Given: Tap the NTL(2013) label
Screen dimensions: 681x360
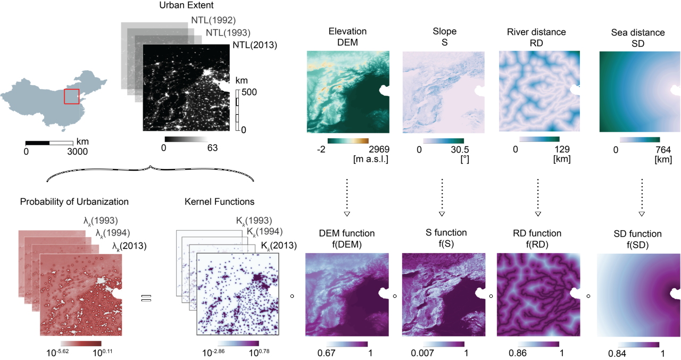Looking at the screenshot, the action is coord(255,45).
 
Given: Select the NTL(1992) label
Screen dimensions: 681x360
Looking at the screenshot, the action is coord(213,20).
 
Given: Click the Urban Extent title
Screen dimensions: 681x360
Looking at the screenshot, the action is coord(186,5).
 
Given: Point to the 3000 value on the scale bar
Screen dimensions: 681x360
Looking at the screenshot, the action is coord(77,152).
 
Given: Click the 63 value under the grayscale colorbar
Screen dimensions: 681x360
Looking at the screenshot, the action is coord(212,148).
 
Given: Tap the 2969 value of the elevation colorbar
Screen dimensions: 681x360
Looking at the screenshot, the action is coord(379,149).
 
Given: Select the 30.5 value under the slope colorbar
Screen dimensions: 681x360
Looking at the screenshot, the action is coord(460,149).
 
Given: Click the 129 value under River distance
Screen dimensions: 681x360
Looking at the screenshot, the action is coord(562,149).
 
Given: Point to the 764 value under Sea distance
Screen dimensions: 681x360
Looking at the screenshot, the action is coord(663,149).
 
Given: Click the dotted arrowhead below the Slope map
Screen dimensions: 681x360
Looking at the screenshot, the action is coord(442,214).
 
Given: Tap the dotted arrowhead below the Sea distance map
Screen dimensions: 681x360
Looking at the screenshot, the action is coord(642,214).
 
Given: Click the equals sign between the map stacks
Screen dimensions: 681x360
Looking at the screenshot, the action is coord(146,298).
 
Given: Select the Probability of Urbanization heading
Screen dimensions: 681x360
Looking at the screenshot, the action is coord(74,202).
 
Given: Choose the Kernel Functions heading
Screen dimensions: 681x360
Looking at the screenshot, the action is coord(220,202).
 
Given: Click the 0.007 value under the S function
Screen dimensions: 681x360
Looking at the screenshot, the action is coord(422,353).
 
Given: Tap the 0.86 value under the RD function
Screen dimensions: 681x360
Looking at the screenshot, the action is coord(518,353).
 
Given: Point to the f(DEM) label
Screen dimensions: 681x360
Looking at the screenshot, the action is coord(347,244).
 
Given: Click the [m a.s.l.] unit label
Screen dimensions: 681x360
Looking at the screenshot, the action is coord(371,159).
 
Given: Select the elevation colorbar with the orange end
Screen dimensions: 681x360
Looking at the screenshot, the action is coord(348,141).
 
